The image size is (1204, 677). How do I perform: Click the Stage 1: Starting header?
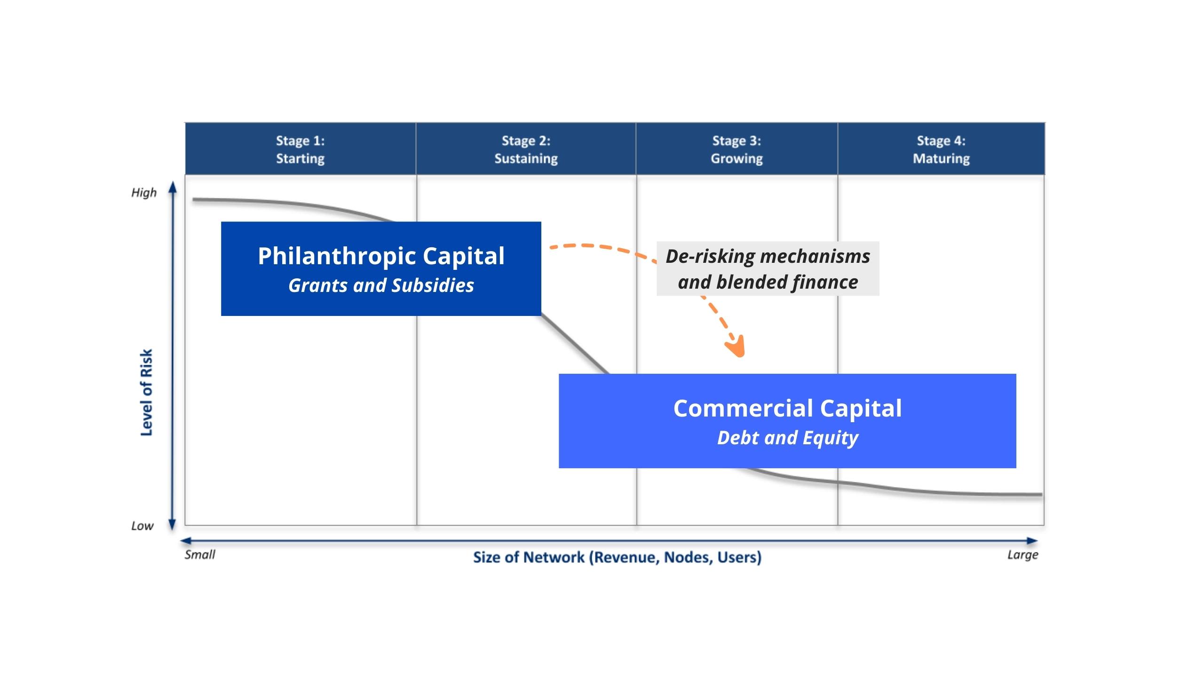(x=300, y=150)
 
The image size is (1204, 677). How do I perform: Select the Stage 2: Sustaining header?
(x=526, y=150)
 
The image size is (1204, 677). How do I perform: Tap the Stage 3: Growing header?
(x=737, y=150)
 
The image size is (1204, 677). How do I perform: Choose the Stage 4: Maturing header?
(x=941, y=150)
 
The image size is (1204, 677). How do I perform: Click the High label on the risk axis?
(x=143, y=193)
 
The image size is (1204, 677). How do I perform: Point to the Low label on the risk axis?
(x=142, y=526)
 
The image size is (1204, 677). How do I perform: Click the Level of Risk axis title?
(x=147, y=393)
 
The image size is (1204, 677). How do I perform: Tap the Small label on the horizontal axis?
(x=200, y=555)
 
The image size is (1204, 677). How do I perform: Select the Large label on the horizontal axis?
(x=1022, y=555)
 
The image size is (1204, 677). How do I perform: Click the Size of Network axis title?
(x=617, y=558)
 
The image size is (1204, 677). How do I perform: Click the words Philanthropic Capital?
(x=381, y=256)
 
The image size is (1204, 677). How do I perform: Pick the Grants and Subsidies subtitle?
(x=381, y=285)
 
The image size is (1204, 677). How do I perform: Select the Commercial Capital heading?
(x=787, y=408)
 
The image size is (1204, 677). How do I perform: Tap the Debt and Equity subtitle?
(x=787, y=438)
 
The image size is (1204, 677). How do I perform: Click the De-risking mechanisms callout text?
(x=768, y=257)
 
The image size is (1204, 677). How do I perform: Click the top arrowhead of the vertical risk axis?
(x=173, y=187)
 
